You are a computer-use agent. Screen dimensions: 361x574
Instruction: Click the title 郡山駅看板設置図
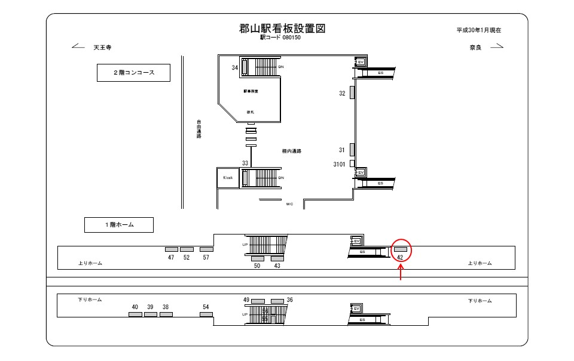[282, 29]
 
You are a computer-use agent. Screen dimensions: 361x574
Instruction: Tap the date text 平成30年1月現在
[478, 30]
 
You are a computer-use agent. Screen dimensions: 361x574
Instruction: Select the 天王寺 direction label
[102, 47]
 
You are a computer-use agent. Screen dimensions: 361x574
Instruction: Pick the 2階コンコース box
[134, 73]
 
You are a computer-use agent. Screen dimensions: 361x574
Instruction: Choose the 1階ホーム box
[118, 224]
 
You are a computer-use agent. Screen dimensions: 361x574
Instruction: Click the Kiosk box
[228, 178]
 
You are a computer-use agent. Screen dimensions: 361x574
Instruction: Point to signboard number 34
[235, 68]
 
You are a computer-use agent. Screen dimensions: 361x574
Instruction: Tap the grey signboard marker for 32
[352, 92]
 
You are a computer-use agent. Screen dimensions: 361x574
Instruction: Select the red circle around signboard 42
[400, 251]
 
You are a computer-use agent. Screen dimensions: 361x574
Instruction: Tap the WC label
[289, 203]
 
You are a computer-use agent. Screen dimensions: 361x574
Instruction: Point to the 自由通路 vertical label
[199, 129]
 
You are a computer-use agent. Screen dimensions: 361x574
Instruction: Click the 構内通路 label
[291, 152]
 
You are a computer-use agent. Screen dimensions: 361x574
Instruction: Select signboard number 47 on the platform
[171, 257]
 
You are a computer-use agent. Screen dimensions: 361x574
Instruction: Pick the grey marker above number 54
[206, 314]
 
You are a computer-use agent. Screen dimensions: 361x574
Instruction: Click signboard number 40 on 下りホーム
[135, 307]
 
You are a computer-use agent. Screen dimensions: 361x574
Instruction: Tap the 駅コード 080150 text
[280, 38]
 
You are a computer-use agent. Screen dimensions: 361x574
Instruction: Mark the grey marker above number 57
[206, 249]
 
